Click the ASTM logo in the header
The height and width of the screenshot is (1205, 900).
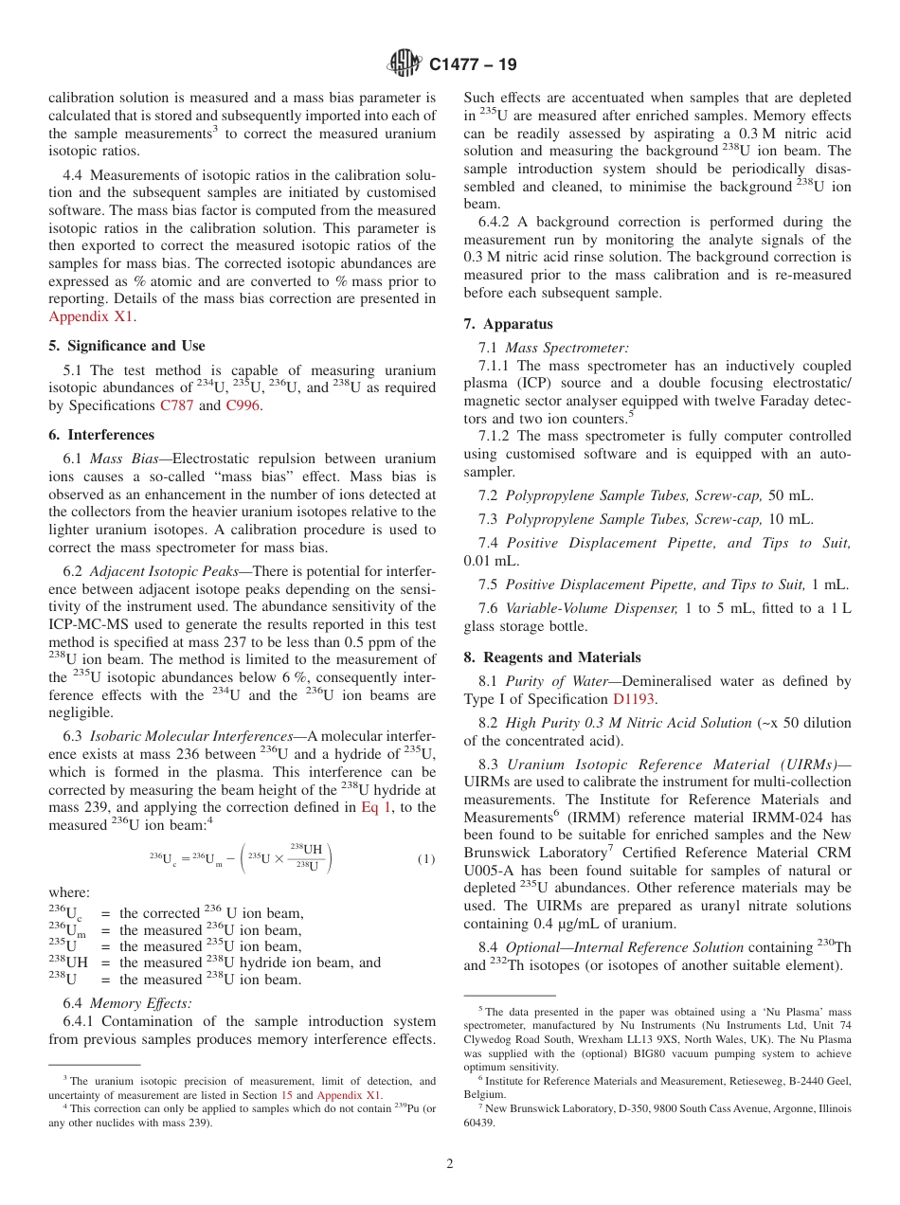pos(405,64)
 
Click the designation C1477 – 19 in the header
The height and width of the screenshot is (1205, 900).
pos(473,65)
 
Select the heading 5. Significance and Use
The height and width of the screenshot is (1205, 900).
pos(127,346)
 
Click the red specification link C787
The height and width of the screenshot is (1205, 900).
pos(176,405)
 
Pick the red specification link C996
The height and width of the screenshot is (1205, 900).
pos(242,405)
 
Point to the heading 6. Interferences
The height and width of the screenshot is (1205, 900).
pos(101,435)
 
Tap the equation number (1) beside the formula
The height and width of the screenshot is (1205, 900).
pos(425,859)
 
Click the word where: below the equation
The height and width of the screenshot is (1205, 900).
pos(69,892)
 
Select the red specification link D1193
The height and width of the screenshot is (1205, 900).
pos(635,699)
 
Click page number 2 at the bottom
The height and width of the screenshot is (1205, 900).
pos(450,1164)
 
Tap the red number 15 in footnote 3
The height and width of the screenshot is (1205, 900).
pos(286,1095)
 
